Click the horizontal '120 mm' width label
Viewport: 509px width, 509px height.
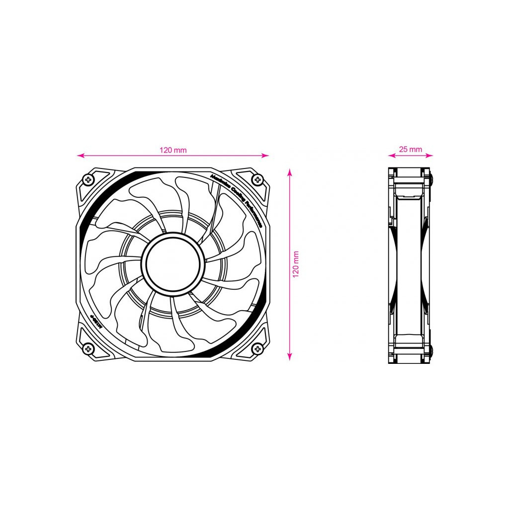173,150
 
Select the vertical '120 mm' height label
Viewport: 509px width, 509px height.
296,263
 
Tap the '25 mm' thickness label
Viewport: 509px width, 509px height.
410,149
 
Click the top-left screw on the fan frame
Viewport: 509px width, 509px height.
88,179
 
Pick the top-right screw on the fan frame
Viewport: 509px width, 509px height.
257,179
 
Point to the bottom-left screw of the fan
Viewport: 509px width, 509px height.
88,348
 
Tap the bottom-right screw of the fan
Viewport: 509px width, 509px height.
257,348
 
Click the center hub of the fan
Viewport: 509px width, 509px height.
173,263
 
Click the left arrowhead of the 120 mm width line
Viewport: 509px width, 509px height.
80,156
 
